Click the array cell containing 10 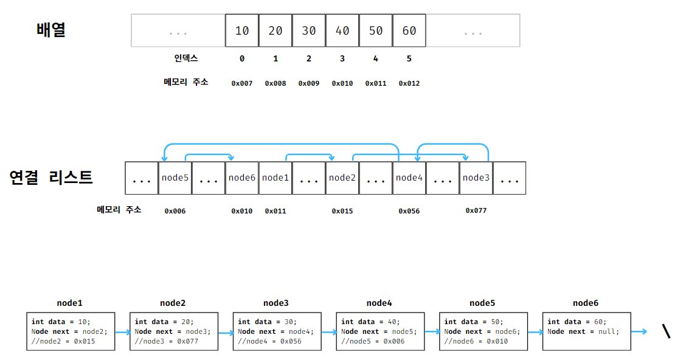[x=242, y=30]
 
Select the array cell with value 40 [x=342, y=30]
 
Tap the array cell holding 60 [x=409, y=30]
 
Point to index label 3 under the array [x=342, y=59]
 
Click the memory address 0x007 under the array [x=242, y=83]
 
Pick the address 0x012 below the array [x=409, y=83]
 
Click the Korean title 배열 [x=51, y=30]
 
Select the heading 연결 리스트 [x=51, y=178]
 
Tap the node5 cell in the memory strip [x=175, y=178]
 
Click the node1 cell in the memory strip [x=275, y=178]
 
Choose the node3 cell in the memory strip [x=476, y=178]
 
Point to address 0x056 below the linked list [x=409, y=212]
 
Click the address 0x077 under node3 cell [x=476, y=210]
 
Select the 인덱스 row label [x=186, y=59]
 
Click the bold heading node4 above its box [x=379, y=303]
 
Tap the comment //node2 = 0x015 [x=64, y=341]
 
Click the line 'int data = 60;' [x=577, y=322]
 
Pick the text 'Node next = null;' [x=583, y=331]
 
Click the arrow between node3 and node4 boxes [x=329, y=333]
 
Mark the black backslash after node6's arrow [x=667, y=331]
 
